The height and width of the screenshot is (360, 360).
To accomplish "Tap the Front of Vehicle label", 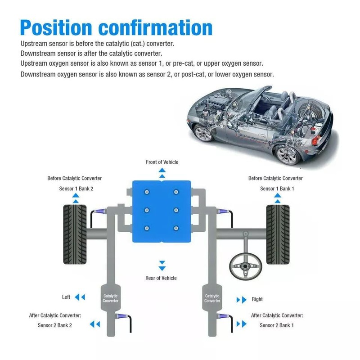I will (x=162, y=162).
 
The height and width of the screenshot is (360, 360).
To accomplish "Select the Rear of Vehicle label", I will (x=161, y=278).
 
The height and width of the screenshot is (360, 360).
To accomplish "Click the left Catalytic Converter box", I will (x=110, y=298).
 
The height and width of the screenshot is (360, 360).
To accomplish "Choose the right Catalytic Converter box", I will (x=212, y=298).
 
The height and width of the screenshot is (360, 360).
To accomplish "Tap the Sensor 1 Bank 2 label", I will (x=76, y=189).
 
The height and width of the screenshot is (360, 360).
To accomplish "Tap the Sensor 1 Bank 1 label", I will (x=277, y=189).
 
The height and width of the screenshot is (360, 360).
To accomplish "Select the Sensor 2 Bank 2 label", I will (x=55, y=325).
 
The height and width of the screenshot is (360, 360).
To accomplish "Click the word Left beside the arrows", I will (x=66, y=297).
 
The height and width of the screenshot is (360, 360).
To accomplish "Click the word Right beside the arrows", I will (x=257, y=299).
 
